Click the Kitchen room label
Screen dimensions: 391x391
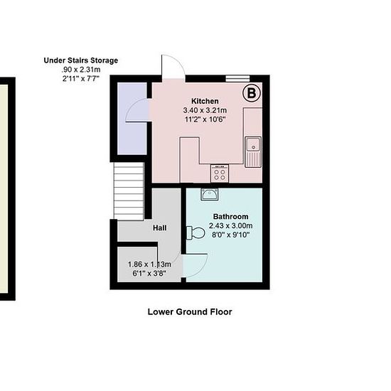[205, 101]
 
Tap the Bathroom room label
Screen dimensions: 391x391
[230, 216]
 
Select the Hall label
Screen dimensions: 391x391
[160, 228]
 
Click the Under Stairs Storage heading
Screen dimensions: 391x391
[81, 60]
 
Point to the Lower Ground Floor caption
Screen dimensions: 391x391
[190, 311]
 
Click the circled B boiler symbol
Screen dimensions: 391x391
[252, 93]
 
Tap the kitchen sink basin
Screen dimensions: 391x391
[253, 144]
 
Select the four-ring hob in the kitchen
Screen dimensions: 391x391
[220, 173]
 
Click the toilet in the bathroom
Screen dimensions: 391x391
[195, 233]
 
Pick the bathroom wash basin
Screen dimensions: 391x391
[210, 194]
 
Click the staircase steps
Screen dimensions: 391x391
[129, 191]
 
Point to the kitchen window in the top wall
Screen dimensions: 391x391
[238, 78]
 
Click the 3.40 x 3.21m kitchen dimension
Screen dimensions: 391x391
[205, 110]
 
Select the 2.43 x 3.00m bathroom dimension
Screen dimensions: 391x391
[230, 226]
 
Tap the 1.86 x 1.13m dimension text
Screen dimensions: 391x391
[149, 264]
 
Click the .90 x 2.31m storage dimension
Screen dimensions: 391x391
[81, 70]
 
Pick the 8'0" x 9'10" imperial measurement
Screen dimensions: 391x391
[230, 235]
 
